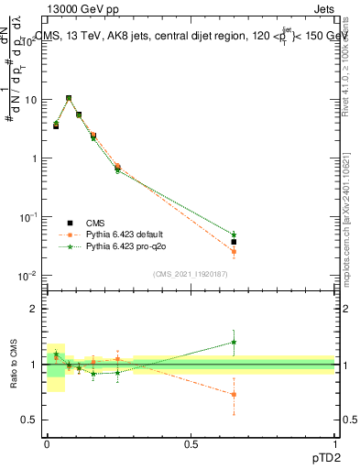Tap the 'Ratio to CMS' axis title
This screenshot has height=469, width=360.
[x=14, y=365]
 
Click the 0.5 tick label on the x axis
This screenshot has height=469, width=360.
[x=191, y=442]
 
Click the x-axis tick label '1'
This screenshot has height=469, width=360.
[x=335, y=442]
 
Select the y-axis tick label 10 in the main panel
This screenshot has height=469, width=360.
[x=31, y=99]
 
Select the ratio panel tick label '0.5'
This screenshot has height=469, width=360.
[x=30, y=420]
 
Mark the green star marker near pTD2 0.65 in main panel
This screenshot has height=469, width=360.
[x=234, y=235]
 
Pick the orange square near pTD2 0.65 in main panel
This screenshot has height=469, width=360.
[x=234, y=251]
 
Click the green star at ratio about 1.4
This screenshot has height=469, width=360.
[x=234, y=343]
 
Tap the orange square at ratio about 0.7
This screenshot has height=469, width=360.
[x=234, y=395]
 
